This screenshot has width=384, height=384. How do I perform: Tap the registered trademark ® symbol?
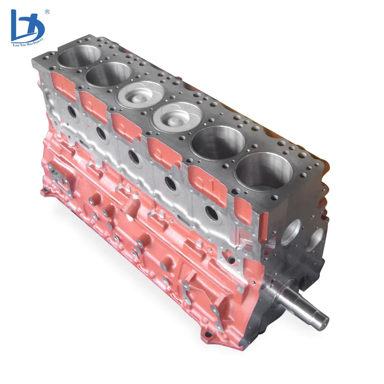click(47, 11)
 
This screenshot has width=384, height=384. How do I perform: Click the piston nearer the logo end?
click(141, 96)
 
